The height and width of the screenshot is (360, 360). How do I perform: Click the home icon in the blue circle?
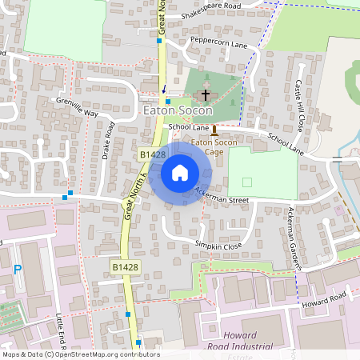pos(180,173)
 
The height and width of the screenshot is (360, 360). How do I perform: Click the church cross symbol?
pos(206,94)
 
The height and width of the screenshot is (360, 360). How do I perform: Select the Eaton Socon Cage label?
pos(213,147)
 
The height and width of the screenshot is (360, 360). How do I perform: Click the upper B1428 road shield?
pos(152,154)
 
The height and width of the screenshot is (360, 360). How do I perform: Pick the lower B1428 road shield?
pos(125,266)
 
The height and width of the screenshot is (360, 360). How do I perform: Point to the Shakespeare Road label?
pos(211,5)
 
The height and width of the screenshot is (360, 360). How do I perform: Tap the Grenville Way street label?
pos(77,107)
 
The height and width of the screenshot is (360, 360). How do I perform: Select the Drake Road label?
pos(109,140)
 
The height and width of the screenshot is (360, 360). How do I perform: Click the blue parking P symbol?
pos(17,270)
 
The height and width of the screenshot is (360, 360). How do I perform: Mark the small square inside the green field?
pos(246,182)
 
